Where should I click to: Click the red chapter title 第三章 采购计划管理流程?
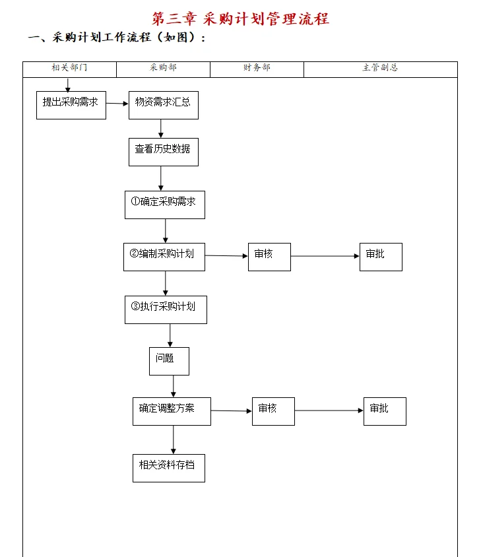(x=240, y=18)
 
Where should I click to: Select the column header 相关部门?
(x=69, y=68)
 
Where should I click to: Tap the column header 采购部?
(x=163, y=68)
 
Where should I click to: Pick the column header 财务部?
(x=257, y=68)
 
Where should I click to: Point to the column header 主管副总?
(x=380, y=68)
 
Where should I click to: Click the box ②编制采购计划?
(x=164, y=257)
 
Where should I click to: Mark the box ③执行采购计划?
(x=166, y=310)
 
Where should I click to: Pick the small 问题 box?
(x=169, y=361)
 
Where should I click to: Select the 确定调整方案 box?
(x=172, y=411)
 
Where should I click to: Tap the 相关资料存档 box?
(x=168, y=468)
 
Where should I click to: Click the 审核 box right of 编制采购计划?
(x=269, y=257)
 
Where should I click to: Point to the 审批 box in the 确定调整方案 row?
(x=385, y=411)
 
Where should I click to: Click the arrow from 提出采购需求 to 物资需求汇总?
(x=117, y=104)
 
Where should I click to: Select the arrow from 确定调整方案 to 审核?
(x=232, y=411)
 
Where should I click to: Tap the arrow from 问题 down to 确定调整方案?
(x=174, y=386)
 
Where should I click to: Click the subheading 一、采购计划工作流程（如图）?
(x=117, y=38)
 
